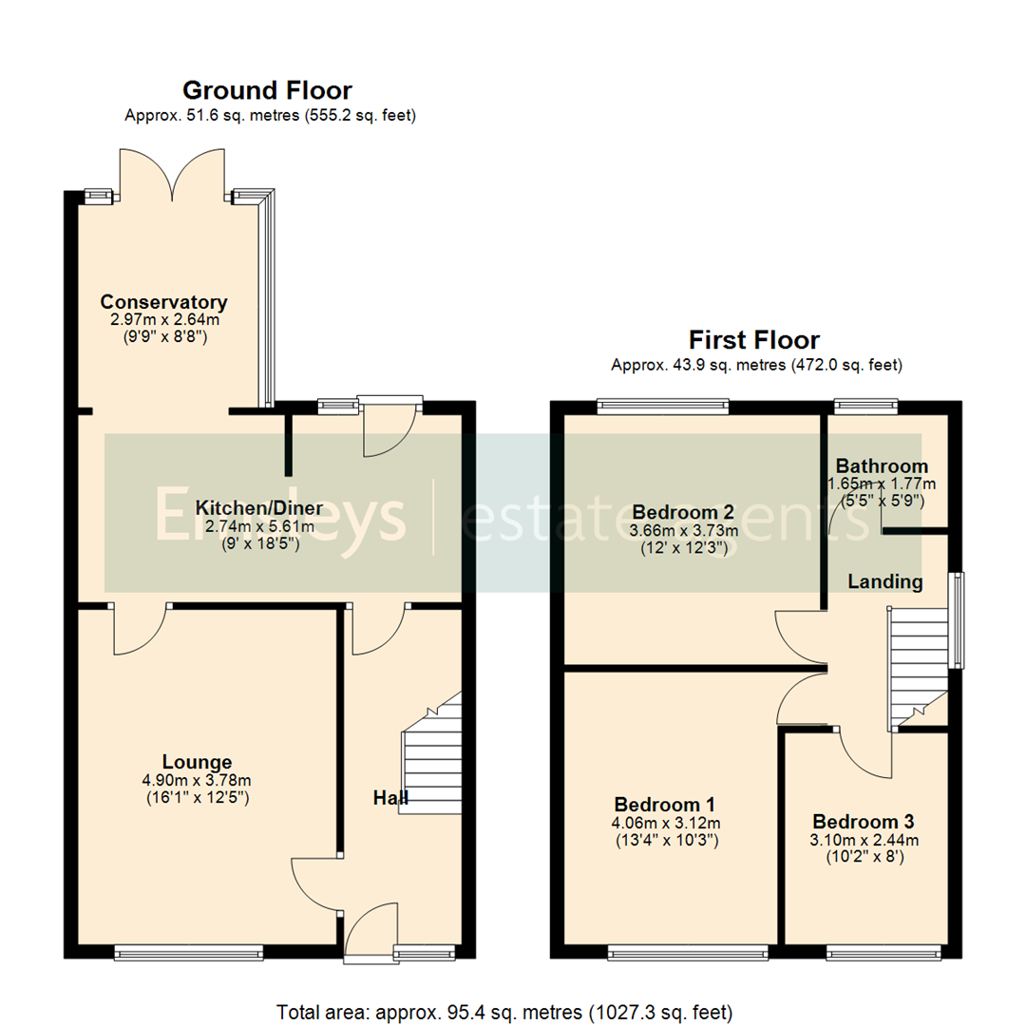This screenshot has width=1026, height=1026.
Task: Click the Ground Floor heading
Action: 267,91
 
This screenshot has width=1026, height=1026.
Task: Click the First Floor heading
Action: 754,340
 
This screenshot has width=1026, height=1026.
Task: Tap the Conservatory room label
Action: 163,303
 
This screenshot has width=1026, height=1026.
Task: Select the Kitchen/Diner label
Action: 258,507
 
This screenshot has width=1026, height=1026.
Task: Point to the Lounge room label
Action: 197,762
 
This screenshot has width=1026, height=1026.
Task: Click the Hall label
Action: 389,798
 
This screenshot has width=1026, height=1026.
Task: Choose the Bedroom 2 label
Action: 682,509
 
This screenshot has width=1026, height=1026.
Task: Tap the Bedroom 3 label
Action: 864,822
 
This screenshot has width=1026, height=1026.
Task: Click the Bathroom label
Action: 882,466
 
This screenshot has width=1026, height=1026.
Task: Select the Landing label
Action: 885,581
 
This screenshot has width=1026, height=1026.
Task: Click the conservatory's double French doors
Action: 172,174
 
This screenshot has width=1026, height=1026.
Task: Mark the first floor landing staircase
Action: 917,665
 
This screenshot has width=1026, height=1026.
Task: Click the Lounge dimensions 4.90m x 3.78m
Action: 197,782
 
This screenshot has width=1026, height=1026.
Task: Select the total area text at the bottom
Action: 504,1010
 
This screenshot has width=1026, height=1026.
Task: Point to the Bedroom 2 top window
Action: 663,407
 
